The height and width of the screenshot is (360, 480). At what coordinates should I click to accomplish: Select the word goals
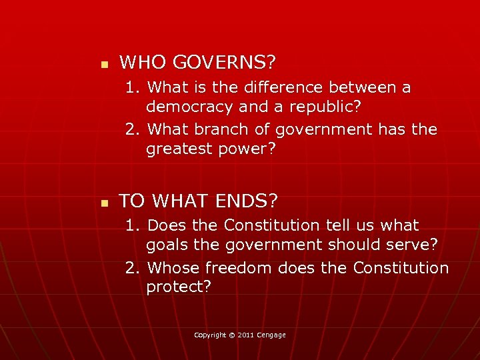pos(167,245)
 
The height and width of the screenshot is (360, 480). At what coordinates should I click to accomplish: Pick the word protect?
pos(179,287)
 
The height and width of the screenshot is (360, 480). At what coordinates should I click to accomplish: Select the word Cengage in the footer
pos(272,335)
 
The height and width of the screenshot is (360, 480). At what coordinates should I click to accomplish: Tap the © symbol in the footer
pos(231,335)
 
